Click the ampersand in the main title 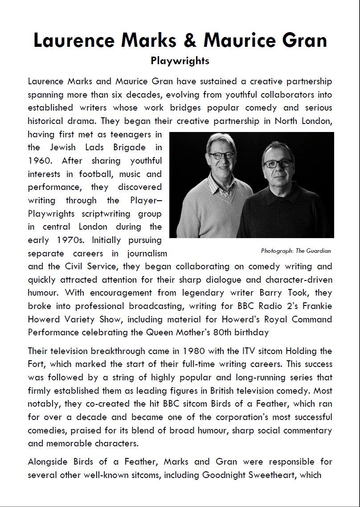tap(189, 41)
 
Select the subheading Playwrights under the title tap(180, 61)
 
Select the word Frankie tap(316, 306)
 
